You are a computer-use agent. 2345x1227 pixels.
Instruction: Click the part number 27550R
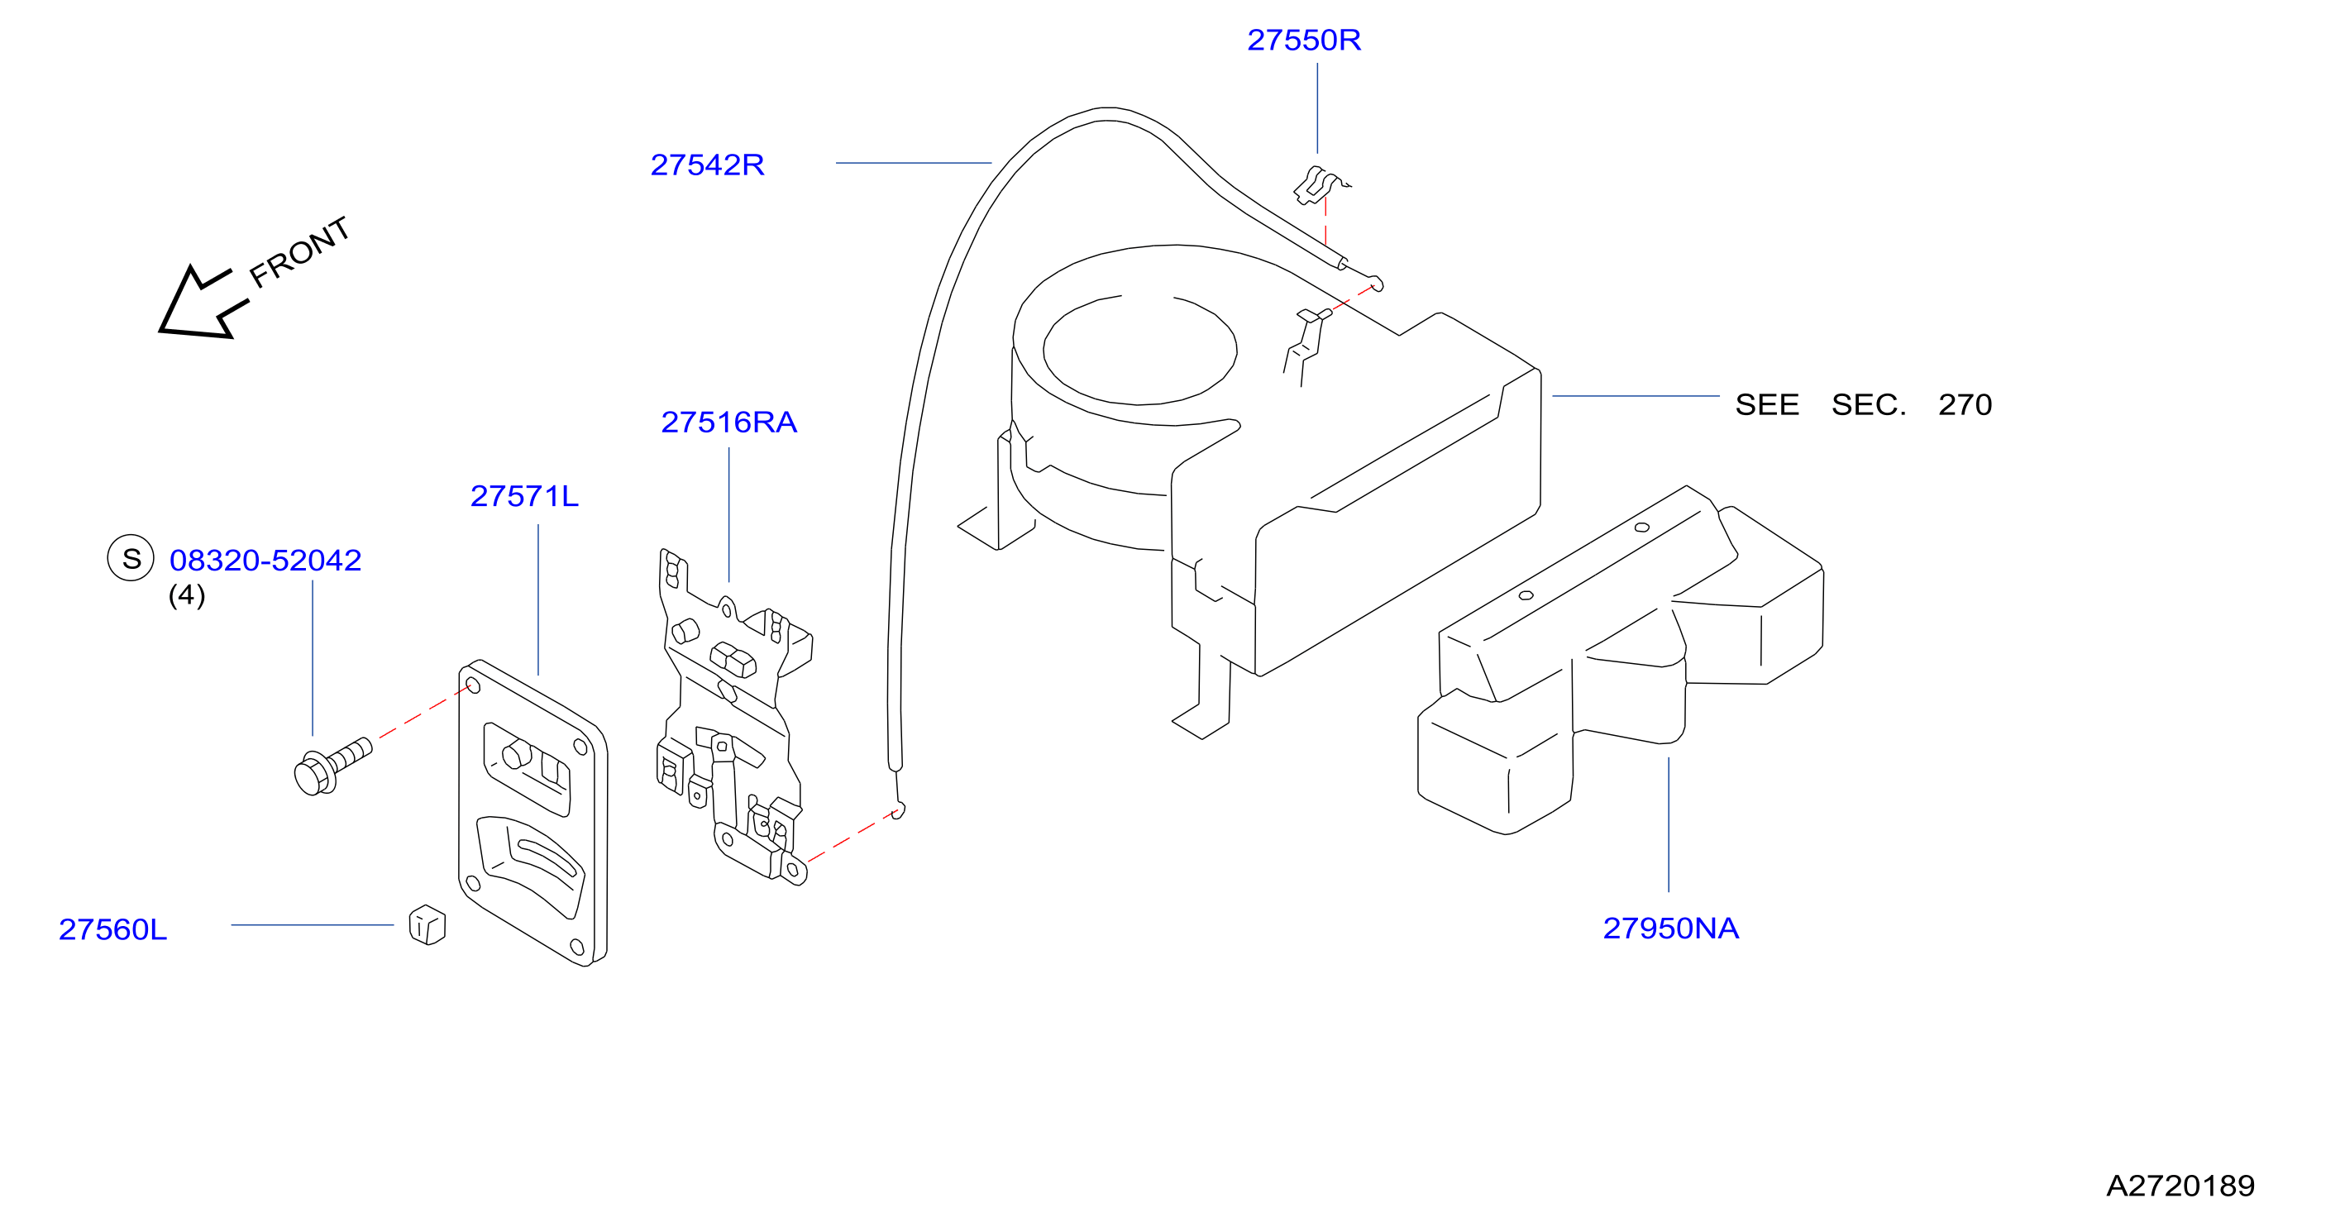tap(1304, 40)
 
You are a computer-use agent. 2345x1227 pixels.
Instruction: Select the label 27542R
tap(707, 165)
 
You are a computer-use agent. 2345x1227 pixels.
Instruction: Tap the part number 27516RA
tap(728, 423)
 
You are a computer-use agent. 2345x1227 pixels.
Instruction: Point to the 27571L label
tap(524, 496)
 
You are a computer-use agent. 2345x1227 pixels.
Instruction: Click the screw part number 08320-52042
tap(265, 560)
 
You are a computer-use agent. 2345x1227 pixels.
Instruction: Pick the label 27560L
tap(113, 929)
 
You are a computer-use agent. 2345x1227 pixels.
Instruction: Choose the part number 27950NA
tap(1670, 929)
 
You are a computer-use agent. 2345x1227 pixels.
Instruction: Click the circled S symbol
tap(131, 558)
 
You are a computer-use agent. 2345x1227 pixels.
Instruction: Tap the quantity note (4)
tap(187, 595)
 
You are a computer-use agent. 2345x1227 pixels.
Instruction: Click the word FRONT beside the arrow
tap(299, 252)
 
